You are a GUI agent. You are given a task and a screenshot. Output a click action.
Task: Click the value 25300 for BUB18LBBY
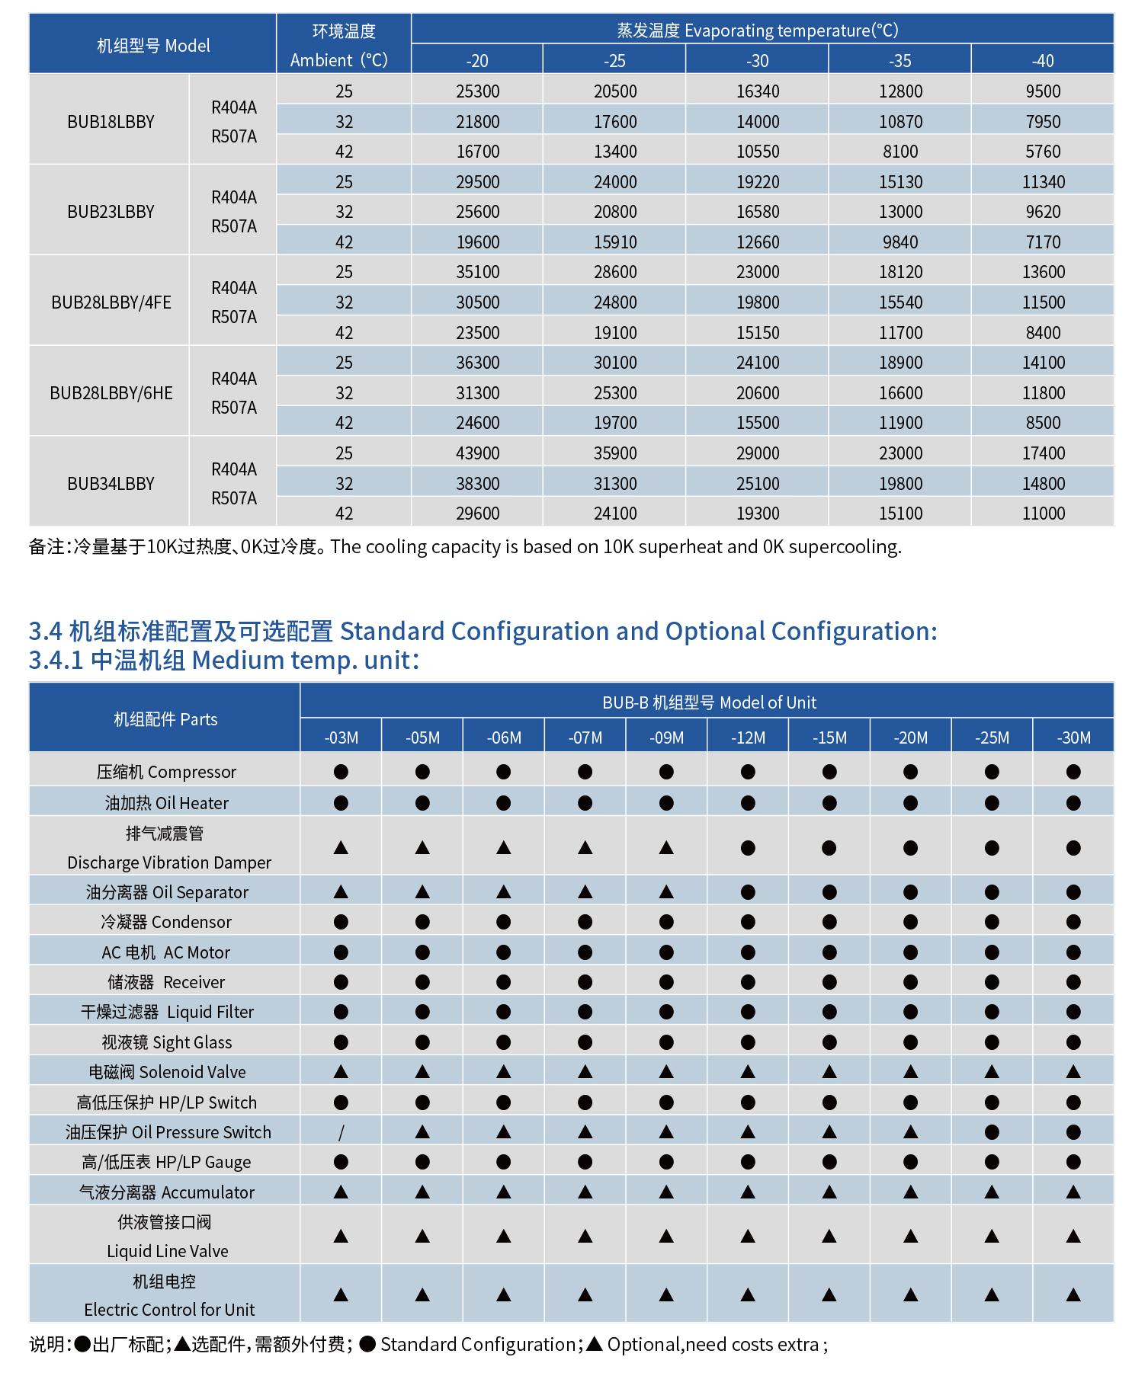point(477,91)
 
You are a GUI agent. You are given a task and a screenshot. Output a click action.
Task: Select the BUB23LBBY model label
point(111,212)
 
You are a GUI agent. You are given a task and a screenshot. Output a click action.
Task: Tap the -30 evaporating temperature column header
point(757,61)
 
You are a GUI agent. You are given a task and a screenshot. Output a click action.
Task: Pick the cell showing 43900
point(477,453)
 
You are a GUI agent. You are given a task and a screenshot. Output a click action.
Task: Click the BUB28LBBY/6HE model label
point(111,393)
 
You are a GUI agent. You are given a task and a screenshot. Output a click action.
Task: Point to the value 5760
point(1042,152)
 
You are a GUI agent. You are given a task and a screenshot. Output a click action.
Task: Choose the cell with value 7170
point(1042,242)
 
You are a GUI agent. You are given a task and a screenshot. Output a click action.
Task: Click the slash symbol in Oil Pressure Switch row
point(341,1133)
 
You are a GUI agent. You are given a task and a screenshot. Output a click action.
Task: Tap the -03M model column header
point(341,738)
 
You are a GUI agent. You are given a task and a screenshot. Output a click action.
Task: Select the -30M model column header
point(1073,738)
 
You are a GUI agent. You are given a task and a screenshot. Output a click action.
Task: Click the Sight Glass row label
point(166,1042)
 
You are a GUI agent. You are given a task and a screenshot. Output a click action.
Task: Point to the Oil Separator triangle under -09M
point(666,892)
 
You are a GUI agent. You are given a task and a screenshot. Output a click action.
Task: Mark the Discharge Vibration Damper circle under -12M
point(748,848)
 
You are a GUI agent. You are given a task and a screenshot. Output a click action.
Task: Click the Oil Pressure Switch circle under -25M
point(992,1133)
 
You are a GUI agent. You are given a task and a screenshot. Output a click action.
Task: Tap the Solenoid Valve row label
point(166,1073)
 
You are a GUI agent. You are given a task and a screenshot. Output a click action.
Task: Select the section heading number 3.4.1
point(56,660)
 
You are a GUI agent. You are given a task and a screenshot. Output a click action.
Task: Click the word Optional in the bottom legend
point(643,1345)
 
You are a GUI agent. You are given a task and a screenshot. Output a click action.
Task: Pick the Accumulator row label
point(166,1192)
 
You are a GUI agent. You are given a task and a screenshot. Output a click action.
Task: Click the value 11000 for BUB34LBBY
point(1042,514)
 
